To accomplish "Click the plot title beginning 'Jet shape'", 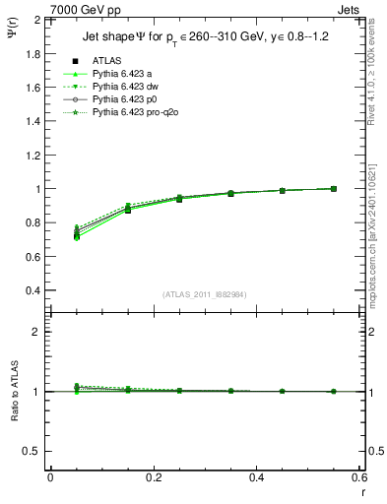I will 207,38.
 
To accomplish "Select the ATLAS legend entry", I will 106,61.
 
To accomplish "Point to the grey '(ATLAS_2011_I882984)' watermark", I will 207,294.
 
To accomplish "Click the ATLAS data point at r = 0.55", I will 334,188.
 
